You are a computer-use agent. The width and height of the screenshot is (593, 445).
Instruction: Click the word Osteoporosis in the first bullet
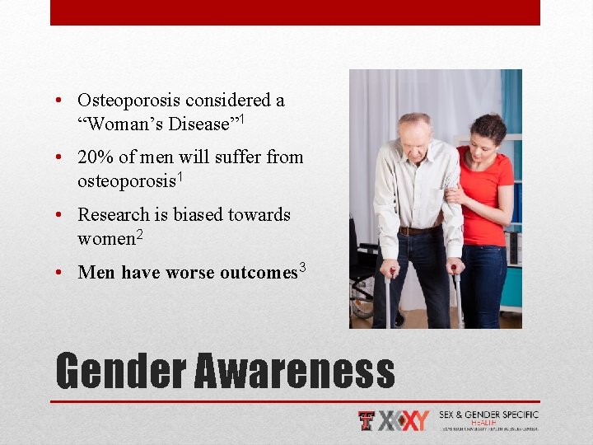click(129, 101)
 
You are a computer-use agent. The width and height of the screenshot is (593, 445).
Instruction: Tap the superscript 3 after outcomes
click(302, 266)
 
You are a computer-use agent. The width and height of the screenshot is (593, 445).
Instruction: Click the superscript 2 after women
click(139, 233)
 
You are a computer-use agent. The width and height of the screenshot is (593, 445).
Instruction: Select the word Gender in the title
click(120, 371)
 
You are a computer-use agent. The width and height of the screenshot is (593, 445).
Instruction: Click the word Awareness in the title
click(294, 371)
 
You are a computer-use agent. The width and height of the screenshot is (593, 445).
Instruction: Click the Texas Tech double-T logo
click(367, 421)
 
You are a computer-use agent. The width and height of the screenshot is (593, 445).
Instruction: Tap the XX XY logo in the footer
click(404, 421)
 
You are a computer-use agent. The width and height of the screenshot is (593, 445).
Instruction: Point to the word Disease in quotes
click(198, 124)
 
